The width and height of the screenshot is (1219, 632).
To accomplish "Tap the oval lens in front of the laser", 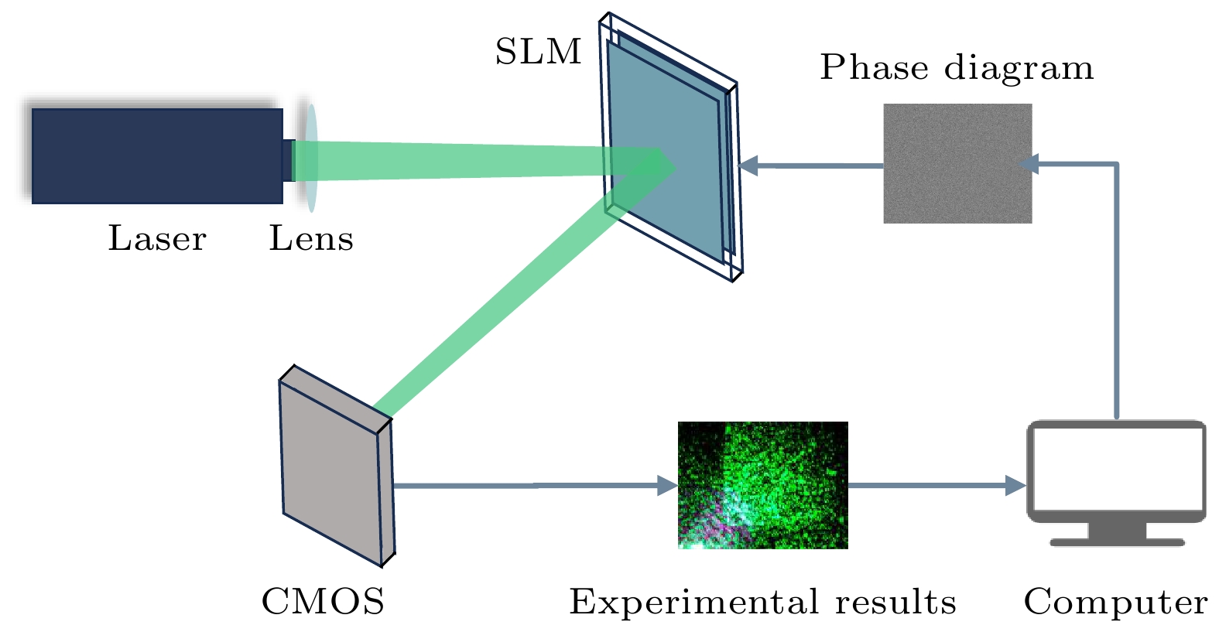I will (x=310, y=159).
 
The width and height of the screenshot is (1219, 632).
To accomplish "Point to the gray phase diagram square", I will (x=957, y=163).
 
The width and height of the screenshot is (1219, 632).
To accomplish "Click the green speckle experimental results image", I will (x=762, y=485).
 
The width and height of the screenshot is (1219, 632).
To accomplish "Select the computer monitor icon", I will (x=1115, y=472).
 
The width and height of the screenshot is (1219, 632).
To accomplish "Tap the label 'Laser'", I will (x=157, y=238).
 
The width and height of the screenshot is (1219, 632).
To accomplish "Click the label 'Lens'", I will (x=311, y=238).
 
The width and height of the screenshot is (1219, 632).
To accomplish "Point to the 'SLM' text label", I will (x=538, y=52).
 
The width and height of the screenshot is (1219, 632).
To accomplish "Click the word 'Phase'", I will (x=874, y=67).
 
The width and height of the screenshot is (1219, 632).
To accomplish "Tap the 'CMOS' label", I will (x=323, y=601).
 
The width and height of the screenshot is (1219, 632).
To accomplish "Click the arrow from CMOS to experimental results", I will (x=534, y=486).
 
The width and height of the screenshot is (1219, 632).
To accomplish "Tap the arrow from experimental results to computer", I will (x=937, y=486).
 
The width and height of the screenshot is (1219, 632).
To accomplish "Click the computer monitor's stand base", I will (x=1117, y=541).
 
